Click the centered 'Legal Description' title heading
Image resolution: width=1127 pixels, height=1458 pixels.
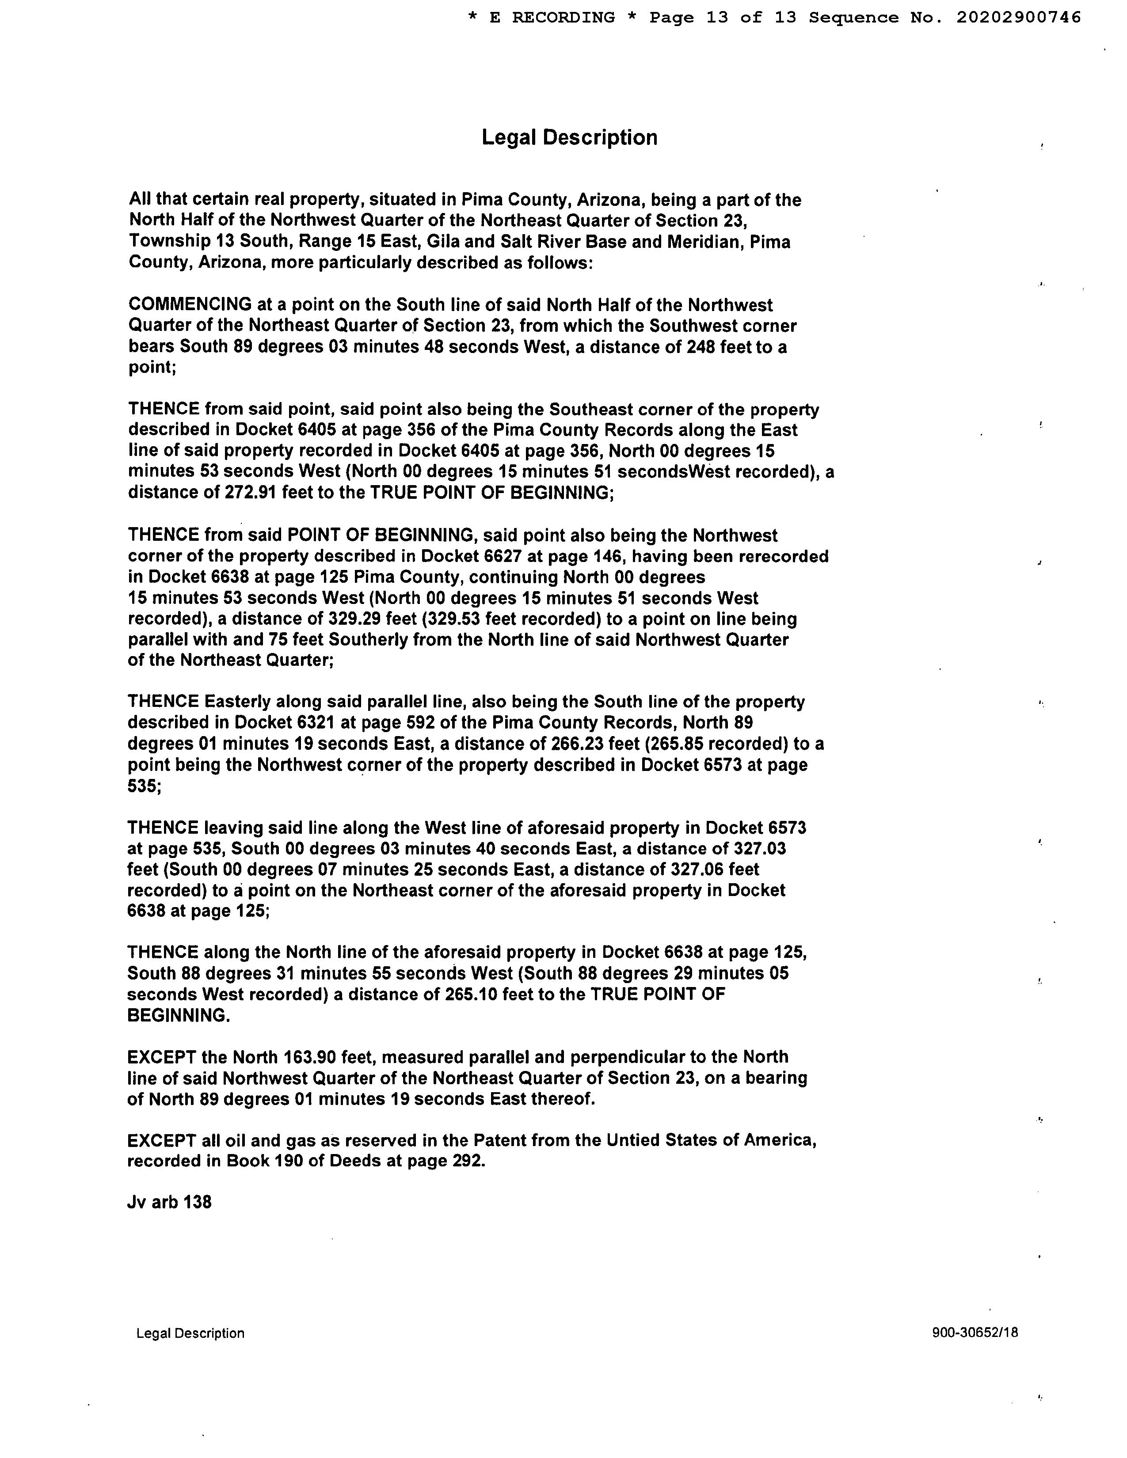[x=570, y=137]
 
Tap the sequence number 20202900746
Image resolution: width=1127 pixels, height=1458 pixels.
[x=1018, y=18]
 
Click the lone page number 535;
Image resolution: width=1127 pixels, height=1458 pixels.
[x=144, y=786]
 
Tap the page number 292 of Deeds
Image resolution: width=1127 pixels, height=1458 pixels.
[x=465, y=1161]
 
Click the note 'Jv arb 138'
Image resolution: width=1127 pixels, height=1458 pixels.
[x=170, y=1202]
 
